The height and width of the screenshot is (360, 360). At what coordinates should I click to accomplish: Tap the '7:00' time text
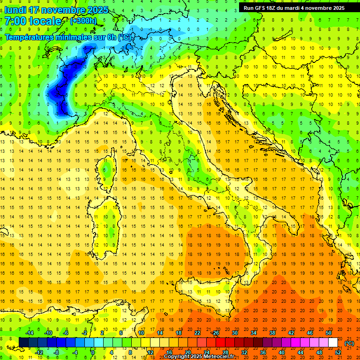15,21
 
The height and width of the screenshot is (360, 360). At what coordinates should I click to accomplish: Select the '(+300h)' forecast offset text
83,21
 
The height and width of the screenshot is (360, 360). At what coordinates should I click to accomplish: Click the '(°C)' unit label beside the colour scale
349,343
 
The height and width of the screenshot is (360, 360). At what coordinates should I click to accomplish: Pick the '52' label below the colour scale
338,352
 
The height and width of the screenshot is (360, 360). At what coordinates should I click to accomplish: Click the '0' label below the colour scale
93,352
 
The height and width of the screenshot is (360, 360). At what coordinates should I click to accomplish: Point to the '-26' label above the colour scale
215,333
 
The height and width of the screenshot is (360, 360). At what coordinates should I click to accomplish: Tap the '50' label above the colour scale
329,333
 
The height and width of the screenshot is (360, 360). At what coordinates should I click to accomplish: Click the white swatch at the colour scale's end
333,343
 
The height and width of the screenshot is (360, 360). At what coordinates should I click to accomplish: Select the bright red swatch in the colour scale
220,343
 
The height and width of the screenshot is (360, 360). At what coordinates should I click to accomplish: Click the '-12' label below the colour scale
39,352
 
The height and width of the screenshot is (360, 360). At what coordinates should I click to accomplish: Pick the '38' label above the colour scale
272,333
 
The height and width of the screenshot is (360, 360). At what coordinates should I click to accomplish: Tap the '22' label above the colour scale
197,333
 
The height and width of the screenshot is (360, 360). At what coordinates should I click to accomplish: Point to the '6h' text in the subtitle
112,37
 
